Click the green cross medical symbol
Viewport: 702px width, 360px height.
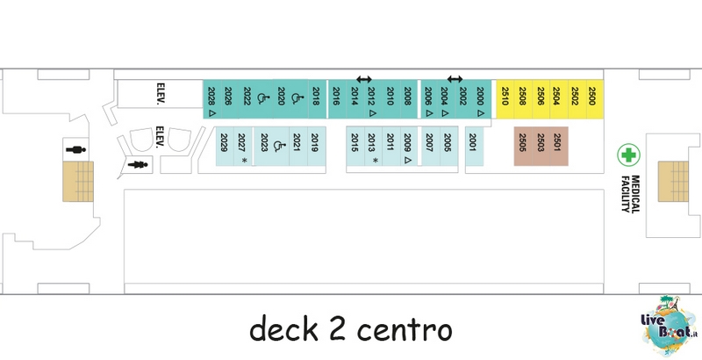[x=628, y=155]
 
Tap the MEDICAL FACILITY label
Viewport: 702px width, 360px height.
[x=630, y=193]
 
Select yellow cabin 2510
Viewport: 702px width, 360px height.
[x=505, y=99]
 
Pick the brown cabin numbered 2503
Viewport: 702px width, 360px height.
[x=541, y=146]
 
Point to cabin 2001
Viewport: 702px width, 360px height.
[x=474, y=146]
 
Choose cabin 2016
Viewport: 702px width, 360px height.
[x=337, y=99]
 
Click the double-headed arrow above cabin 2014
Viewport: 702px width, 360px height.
[x=364, y=80]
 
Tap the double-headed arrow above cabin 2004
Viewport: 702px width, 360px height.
[x=455, y=79]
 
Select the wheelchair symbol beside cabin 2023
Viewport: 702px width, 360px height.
[x=278, y=146]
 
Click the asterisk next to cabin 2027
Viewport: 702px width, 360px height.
[x=245, y=161]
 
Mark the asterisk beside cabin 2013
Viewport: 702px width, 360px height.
[x=376, y=161]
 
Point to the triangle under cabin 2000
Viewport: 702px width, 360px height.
[x=480, y=114]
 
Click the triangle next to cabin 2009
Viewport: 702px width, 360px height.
[x=407, y=160]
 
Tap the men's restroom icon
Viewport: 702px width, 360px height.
[x=75, y=149]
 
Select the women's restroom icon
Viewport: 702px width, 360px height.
[x=138, y=165]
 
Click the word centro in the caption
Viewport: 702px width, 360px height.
[x=405, y=330]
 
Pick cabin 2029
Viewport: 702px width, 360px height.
[x=225, y=146]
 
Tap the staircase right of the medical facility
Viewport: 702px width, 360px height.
[x=673, y=182]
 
